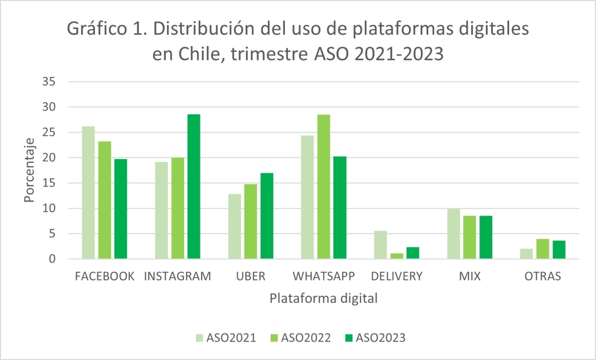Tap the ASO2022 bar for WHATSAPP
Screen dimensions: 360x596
[x=323, y=186]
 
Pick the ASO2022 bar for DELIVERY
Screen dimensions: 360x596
[x=396, y=256]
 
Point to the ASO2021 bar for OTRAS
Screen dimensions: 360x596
[x=526, y=254]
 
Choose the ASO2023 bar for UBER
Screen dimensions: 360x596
[x=266, y=216]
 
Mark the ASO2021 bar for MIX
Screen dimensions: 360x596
[x=453, y=234]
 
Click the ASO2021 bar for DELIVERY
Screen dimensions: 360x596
[x=380, y=245]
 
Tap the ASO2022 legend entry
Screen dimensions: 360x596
[x=299, y=338]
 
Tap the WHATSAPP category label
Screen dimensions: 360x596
[x=323, y=276]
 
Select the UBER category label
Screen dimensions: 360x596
[x=251, y=276]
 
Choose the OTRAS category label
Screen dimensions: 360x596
[x=542, y=276]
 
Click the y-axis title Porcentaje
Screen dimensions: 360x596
[x=30, y=171]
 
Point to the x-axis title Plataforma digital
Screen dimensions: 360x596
[x=323, y=299]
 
